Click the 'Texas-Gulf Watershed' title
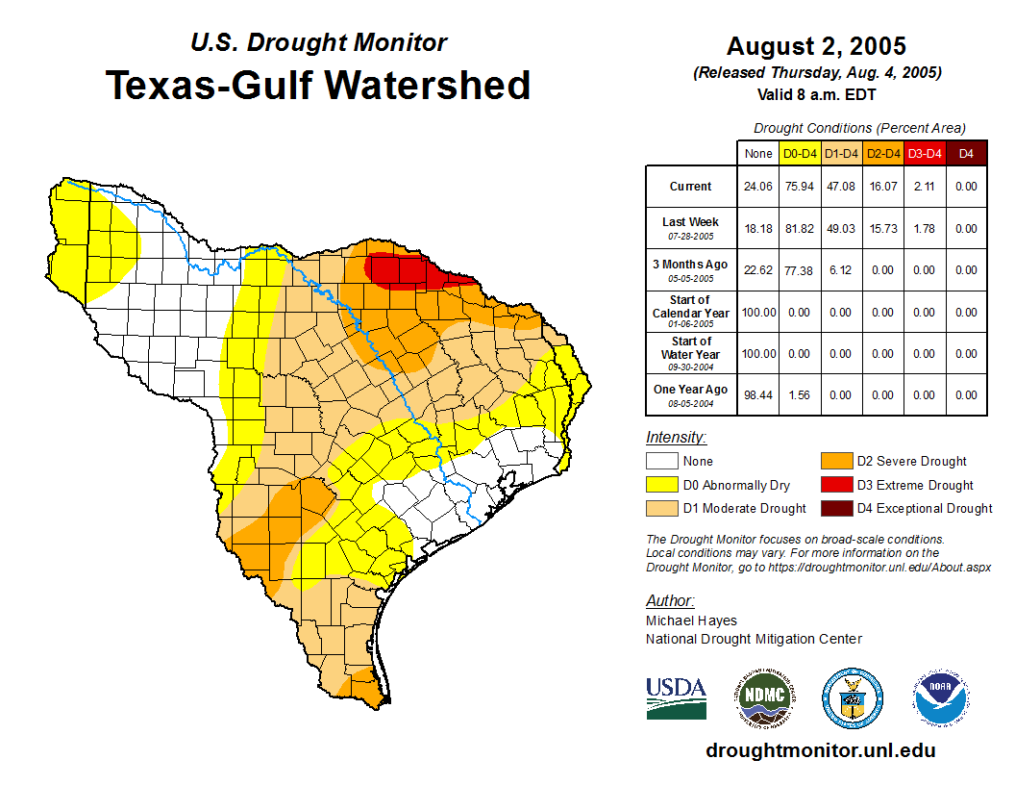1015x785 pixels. (x=318, y=86)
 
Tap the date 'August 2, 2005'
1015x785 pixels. (x=816, y=46)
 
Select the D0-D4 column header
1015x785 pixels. (x=799, y=153)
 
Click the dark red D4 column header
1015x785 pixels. (x=966, y=153)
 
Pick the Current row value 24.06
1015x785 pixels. (x=758, y=187)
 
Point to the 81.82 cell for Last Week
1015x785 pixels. (x=799, y=228)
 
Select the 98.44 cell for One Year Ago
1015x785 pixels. (x=758, y=394)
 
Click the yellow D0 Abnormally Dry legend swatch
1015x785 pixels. (x=662, y=485)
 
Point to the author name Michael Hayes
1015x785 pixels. (x=691, y=620)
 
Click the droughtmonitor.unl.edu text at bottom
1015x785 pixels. (x=820, y=750)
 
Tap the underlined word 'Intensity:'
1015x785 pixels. (x=676, y=438)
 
